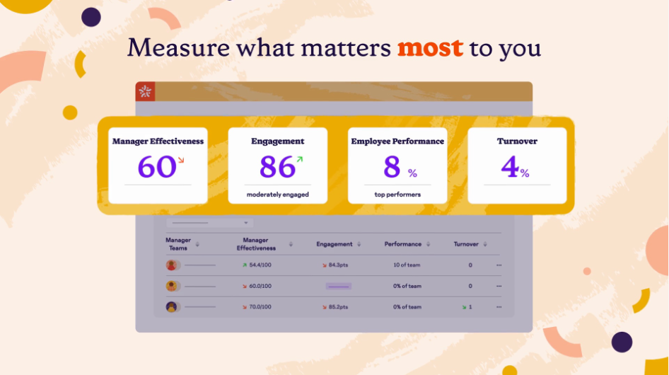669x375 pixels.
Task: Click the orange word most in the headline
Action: tap(430, 48)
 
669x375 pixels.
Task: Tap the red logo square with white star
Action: tap(145, 91)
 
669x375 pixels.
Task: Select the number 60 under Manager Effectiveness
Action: tap(156, 166)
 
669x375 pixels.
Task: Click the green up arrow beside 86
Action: tap(300, 159)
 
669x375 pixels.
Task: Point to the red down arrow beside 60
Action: tap(181, 160)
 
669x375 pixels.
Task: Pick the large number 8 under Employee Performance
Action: tap(392, 166)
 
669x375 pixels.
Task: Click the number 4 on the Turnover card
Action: tap(510, 166)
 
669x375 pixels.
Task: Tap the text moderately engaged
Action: tap(278, 195)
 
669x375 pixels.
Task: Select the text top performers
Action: tap(397, 195)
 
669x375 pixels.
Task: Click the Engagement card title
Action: tap(278, 142)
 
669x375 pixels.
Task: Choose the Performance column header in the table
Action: tap(403, 244)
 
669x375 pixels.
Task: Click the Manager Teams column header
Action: tap(178, 244)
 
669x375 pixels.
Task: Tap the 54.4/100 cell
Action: tap(260, 265)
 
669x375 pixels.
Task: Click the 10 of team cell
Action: tap(407, 265)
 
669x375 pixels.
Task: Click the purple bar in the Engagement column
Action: tap(338, 286)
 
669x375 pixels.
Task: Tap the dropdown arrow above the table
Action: tap(246, 223)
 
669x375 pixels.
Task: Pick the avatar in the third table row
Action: tap(172, 306)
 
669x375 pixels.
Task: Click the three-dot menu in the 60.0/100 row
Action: tap(499, 286)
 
